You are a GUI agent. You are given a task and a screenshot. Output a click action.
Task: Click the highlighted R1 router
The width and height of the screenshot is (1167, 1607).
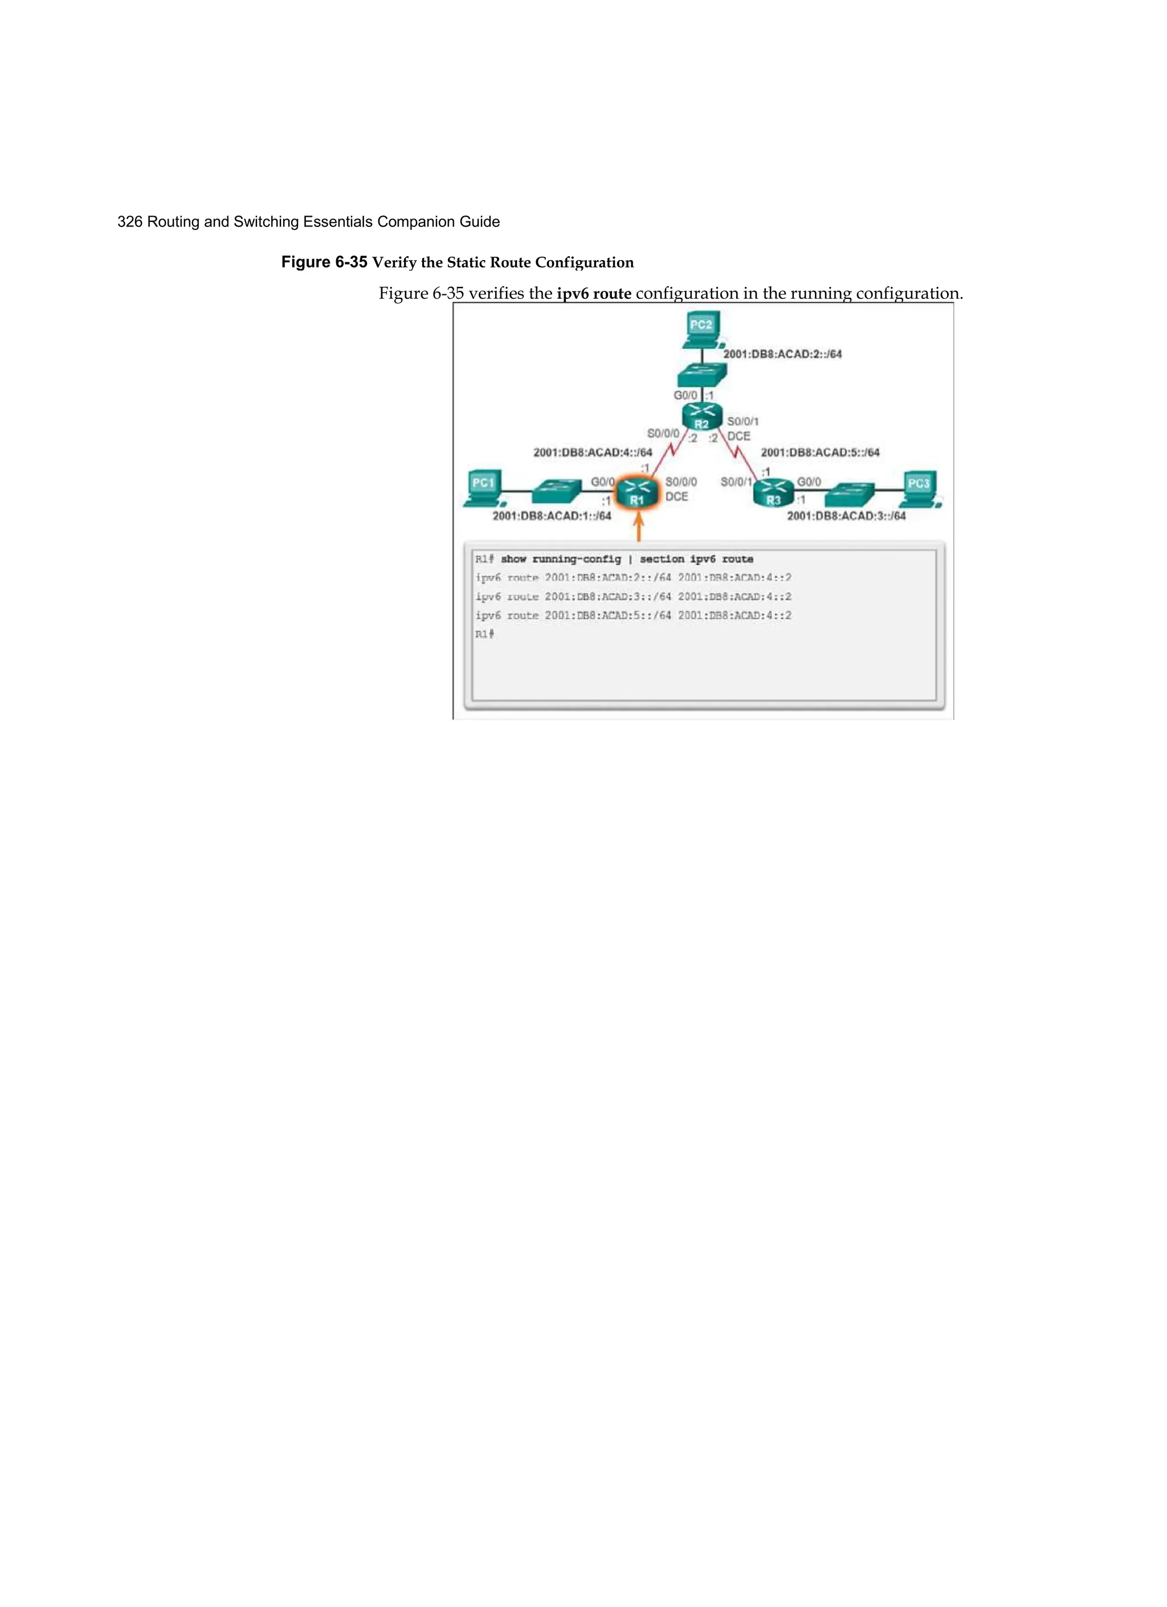coord(637,492)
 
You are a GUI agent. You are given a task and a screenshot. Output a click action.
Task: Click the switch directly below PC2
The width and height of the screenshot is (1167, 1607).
coord(701,374)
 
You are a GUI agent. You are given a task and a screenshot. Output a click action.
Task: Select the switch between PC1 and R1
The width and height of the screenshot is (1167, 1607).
coord(557,491)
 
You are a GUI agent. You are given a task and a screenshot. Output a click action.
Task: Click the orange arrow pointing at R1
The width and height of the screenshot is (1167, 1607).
coord(638,528)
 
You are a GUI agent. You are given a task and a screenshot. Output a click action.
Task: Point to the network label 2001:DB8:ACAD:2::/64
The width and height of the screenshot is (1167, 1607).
coord(782,354)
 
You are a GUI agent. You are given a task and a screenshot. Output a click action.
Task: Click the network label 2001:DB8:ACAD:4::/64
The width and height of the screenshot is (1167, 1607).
coord(592,453)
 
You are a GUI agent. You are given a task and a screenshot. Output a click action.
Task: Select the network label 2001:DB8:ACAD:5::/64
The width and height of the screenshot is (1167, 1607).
coord(820,453)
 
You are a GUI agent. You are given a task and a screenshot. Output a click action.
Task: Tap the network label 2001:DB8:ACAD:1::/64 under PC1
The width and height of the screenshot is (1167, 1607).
coord(552,516)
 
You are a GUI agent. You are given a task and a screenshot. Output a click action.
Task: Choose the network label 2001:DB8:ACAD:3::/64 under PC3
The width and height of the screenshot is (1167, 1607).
coord(846,516)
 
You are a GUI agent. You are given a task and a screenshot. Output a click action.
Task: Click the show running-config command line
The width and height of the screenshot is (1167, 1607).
coord(613,559)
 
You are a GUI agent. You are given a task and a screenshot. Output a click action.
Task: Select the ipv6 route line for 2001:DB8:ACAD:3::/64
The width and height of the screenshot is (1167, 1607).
coord(633,596)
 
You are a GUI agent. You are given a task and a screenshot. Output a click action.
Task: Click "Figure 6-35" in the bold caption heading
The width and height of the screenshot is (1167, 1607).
coord(324,262)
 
